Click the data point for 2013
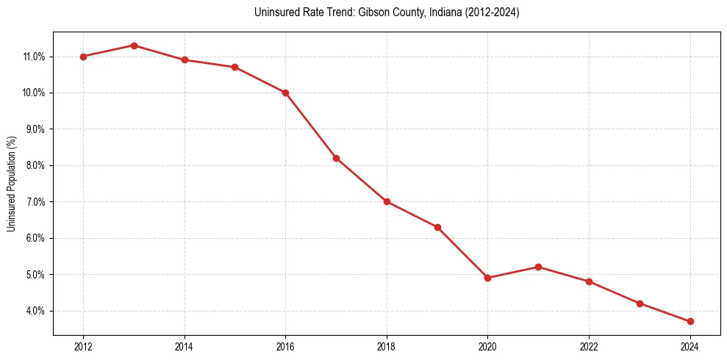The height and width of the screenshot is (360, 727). pos(134,46)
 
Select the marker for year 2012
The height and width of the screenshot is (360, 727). pos(83,57)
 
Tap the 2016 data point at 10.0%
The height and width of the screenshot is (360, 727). pos(285,93)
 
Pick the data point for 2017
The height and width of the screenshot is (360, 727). pos(336,158)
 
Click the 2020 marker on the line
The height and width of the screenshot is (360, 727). pos(488,278)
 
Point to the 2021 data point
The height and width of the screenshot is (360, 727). pos(538,267)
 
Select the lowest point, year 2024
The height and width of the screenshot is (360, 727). pos(690,321)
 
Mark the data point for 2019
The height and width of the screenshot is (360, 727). pos(437,227)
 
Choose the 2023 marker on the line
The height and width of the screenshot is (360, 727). pos(640,303)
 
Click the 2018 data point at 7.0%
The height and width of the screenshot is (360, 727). pos(387,201)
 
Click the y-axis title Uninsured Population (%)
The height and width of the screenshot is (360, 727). pos(11,184)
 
